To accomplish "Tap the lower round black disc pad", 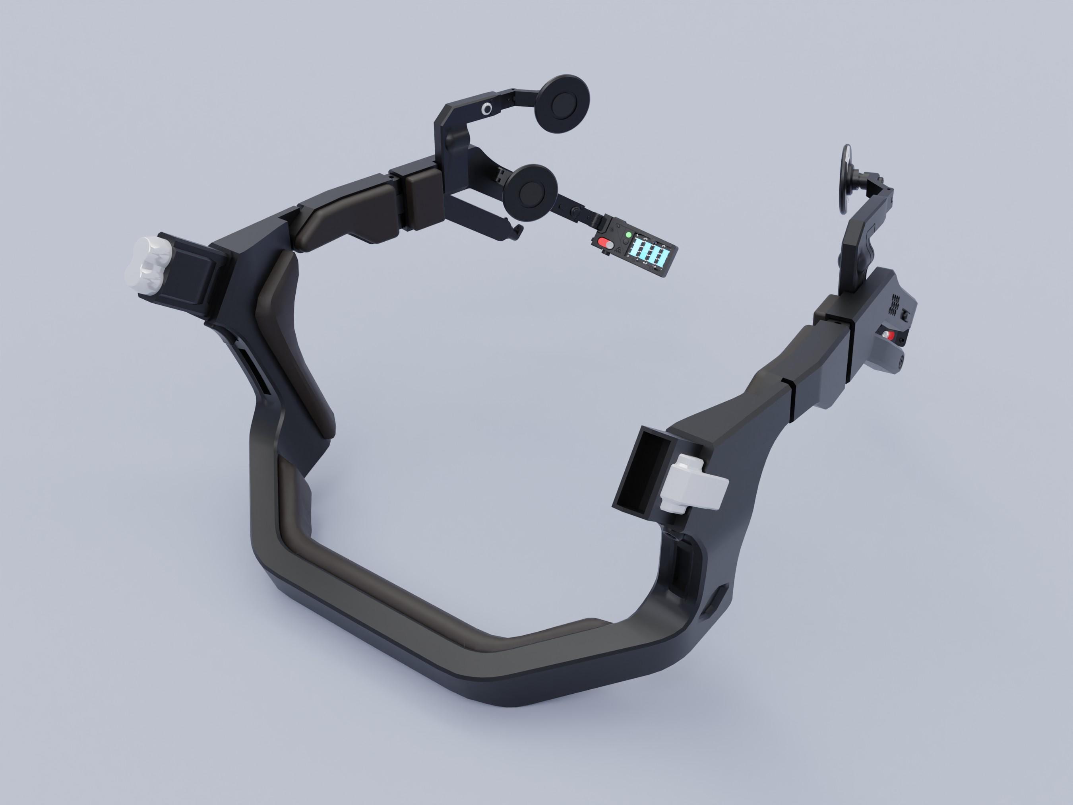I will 529,193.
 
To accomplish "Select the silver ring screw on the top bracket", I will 486,110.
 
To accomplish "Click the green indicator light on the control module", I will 629,235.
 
